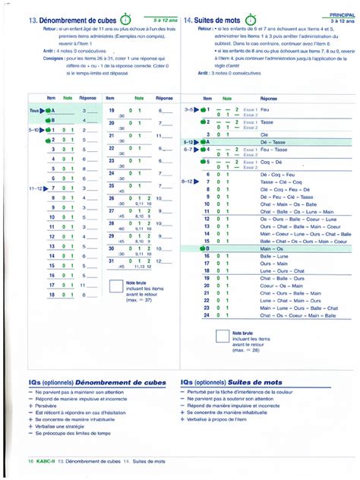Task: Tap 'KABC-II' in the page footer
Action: point(44,461)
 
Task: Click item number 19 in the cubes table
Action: point(111,111)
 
